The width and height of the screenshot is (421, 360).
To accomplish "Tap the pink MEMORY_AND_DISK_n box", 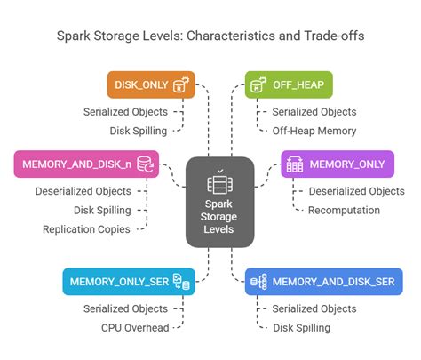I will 85,164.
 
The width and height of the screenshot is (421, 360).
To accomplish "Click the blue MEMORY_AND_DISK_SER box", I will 324,281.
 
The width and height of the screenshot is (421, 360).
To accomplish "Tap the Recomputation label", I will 345,210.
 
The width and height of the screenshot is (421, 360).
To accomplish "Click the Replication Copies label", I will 87,229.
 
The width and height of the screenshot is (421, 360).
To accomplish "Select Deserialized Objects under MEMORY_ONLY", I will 356,191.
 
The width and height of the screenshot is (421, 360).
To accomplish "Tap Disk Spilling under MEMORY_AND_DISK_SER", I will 301,327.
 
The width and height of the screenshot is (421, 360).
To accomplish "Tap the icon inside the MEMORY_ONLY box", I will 295,164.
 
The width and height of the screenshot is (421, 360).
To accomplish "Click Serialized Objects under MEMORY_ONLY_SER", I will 125,308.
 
